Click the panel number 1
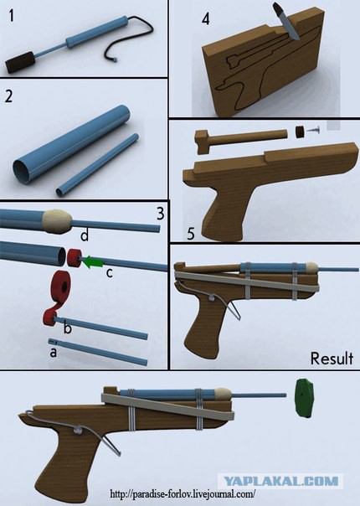click(x=12, y=16)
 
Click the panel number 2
click(x=8, y=96)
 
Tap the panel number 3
click(x=160, y=214)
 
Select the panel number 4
click(x=205, y=19)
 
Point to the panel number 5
click(x=191, y=234)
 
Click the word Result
click(x=332, y=359)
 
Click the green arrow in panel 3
click(x=92, y=261)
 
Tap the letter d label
click(x=85, y=235)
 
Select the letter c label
click(x=110, y=273)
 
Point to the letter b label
click(x=68, y=328)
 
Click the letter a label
click(x=54, y=353)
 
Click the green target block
click(x=305, y=399)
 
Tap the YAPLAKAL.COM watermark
click(x=280, y=482)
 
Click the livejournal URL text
click(x=183, y=494)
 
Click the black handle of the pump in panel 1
click(x=20, y=62)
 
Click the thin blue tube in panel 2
click(x=97, y=165)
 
